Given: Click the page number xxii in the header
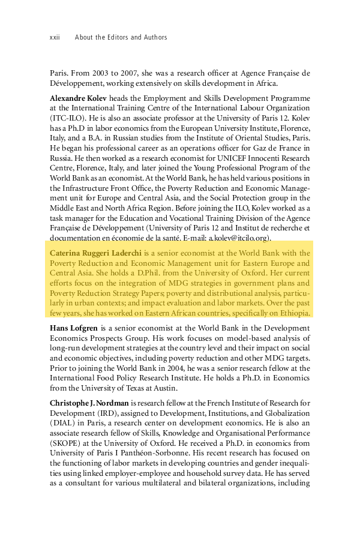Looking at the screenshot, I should (55, 37).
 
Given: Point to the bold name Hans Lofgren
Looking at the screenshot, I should (74, 328).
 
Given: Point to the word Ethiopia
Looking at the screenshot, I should (292, 313).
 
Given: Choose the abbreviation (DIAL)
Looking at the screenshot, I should (63, 423).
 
